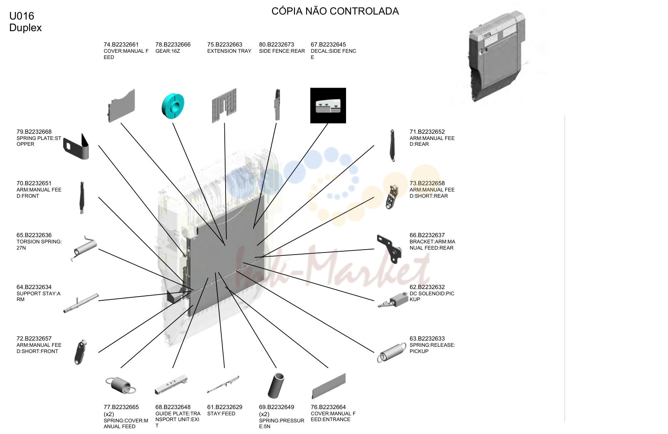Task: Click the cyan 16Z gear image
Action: (173, 105)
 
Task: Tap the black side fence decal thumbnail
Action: (328, 105)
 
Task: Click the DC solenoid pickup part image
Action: (393, 300)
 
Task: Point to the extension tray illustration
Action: (224, 105)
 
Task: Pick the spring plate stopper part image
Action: (76, 147)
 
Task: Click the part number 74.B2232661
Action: (121, 44)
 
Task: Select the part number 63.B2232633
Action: (427, 338)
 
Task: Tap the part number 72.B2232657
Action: (34, 338)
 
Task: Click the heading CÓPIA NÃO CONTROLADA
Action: (335, 11)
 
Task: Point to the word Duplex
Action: (25, 28)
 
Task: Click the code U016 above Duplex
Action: (22, 16)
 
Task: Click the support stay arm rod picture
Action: (81, 304)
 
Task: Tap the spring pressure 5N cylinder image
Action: (276, 385)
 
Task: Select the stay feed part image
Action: (223, 385)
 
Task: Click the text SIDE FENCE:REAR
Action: (282, 51)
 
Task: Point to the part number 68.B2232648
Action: (173, 407)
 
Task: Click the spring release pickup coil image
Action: (391, 353)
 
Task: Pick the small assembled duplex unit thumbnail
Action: (496, 56)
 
